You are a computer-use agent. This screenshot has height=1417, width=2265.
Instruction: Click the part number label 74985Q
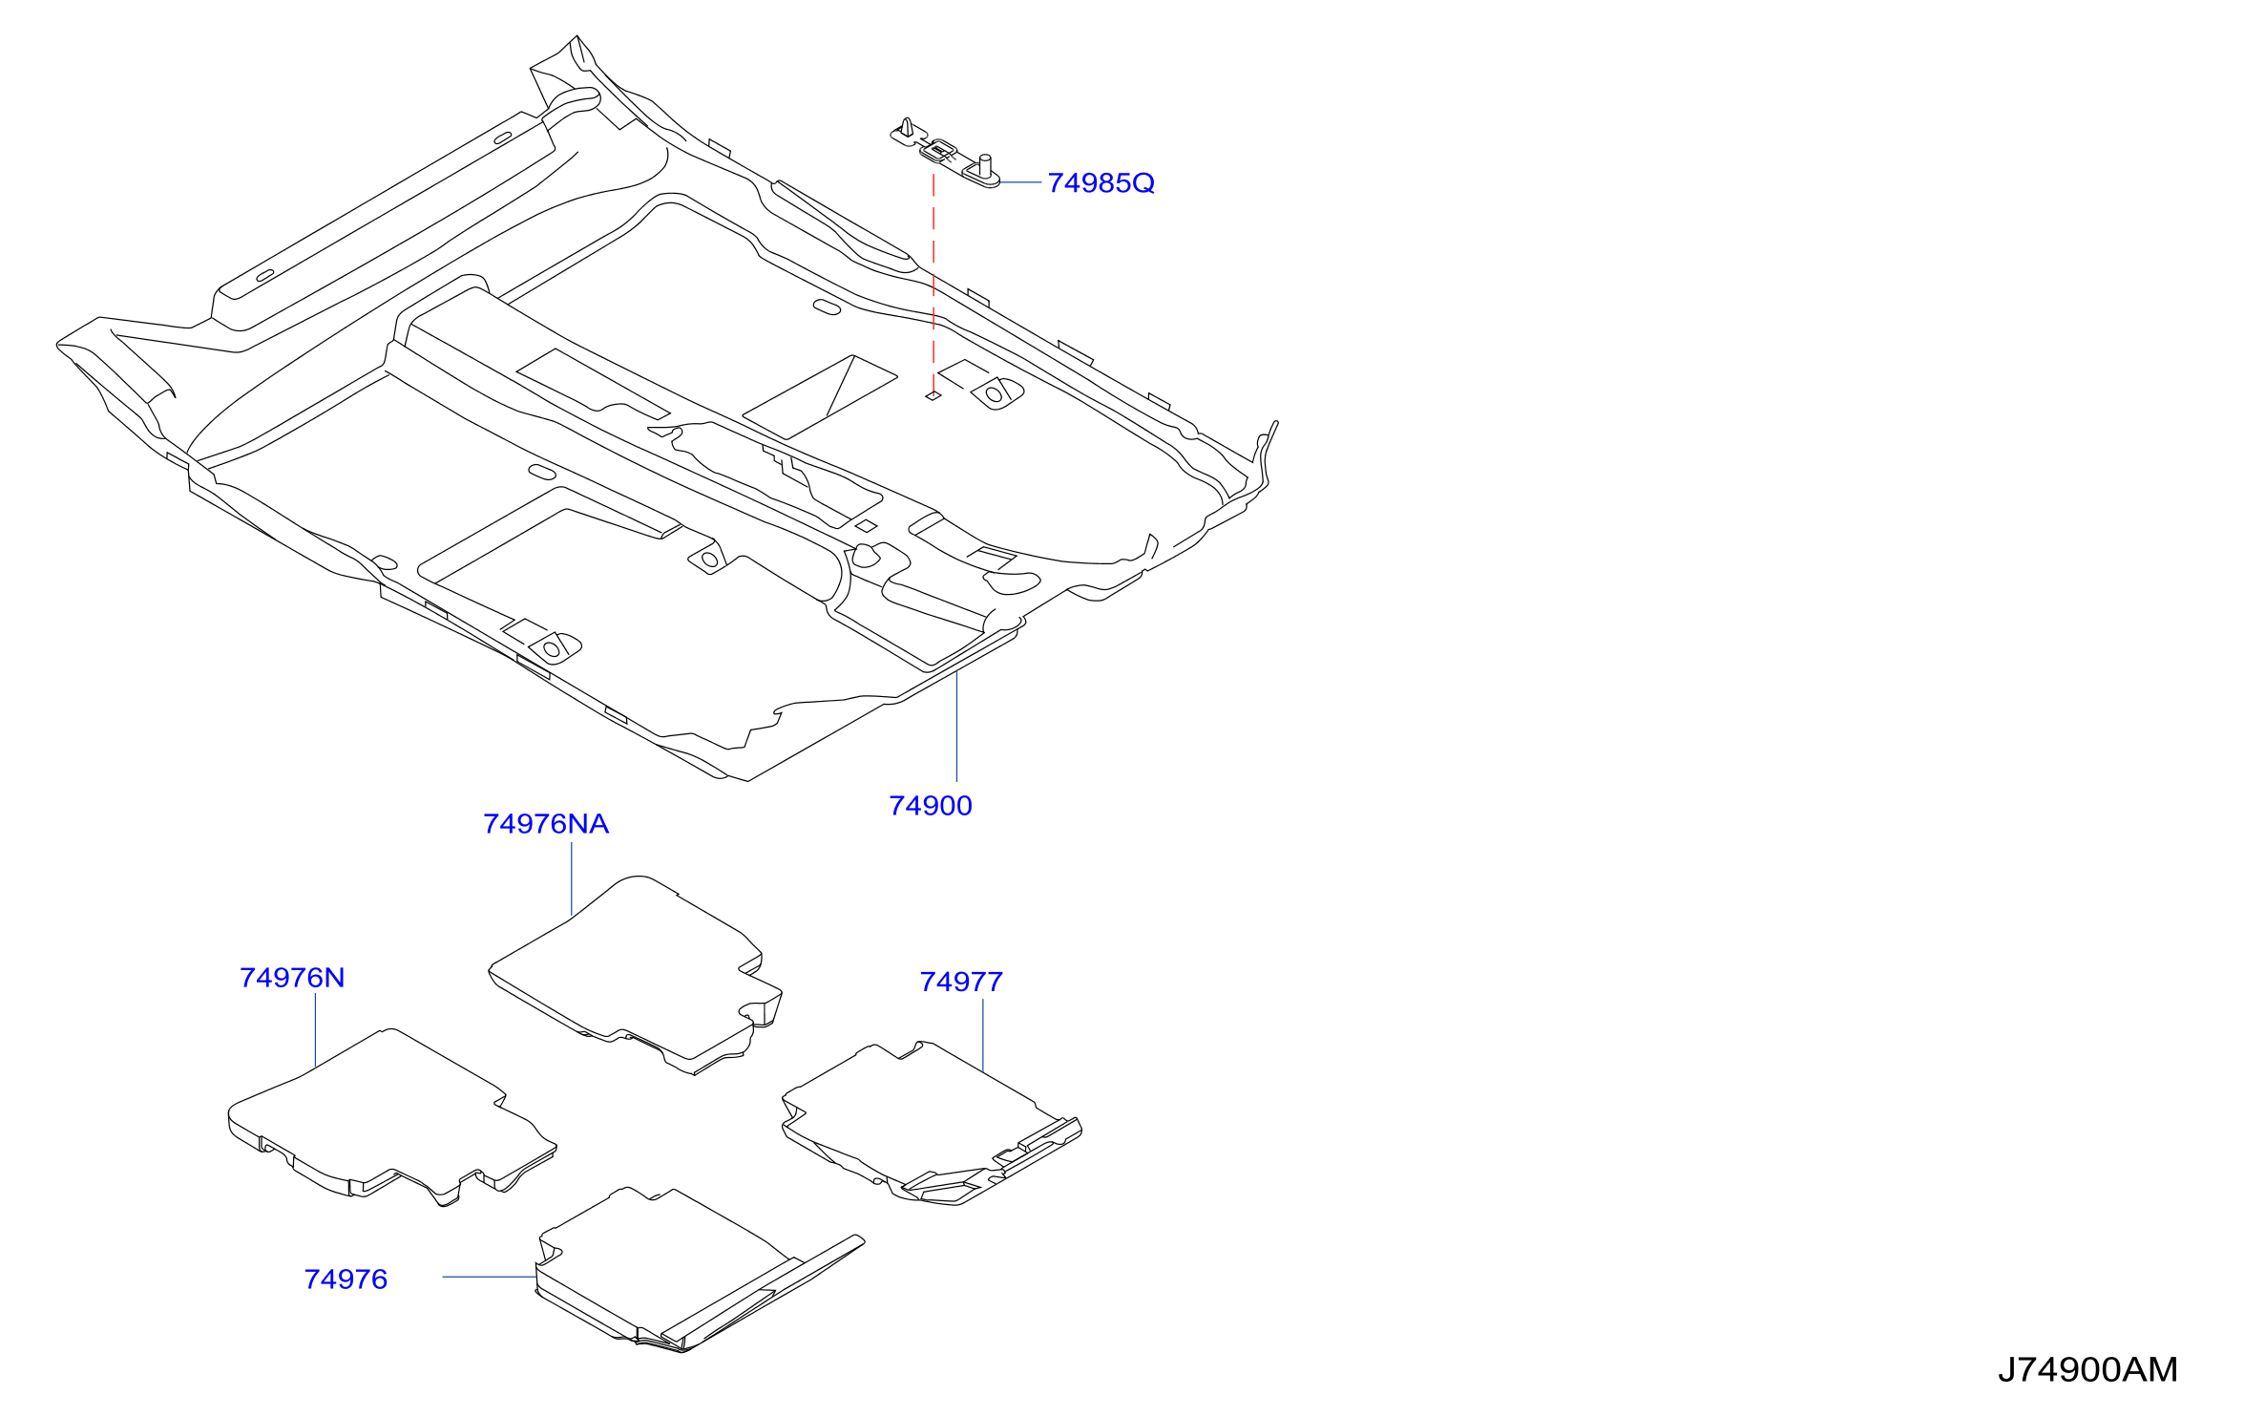click(1101, 182)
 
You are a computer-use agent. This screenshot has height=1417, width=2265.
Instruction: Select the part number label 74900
click(931, 806)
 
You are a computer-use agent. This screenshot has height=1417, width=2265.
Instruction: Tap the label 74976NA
click(546, 824)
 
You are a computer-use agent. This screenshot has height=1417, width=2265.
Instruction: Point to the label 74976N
click(292, 978)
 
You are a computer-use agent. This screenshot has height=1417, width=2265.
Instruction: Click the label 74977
click(961, 982)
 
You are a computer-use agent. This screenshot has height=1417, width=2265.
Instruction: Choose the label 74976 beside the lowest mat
click(346, 1280)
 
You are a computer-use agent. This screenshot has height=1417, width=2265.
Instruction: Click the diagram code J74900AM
click(2088, 1370)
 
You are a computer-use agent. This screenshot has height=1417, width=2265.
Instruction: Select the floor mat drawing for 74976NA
click(636, 974)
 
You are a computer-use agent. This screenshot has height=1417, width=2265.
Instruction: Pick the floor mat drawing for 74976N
click(391, 1117)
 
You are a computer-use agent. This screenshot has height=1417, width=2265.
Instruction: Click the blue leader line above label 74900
click(956, 727)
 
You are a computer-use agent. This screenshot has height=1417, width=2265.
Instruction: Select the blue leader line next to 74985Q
click(1020, 181)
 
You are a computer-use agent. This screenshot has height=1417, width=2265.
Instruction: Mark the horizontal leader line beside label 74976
click(490, 1277)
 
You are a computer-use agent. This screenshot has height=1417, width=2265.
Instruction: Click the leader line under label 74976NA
click(572, 879)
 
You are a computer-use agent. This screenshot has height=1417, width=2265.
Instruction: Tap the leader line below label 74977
click(983, 1035)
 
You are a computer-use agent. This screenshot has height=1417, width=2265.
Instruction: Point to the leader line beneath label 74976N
click(315, 1030)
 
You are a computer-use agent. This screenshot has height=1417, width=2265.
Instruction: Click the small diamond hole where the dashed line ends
click(933, 395)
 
